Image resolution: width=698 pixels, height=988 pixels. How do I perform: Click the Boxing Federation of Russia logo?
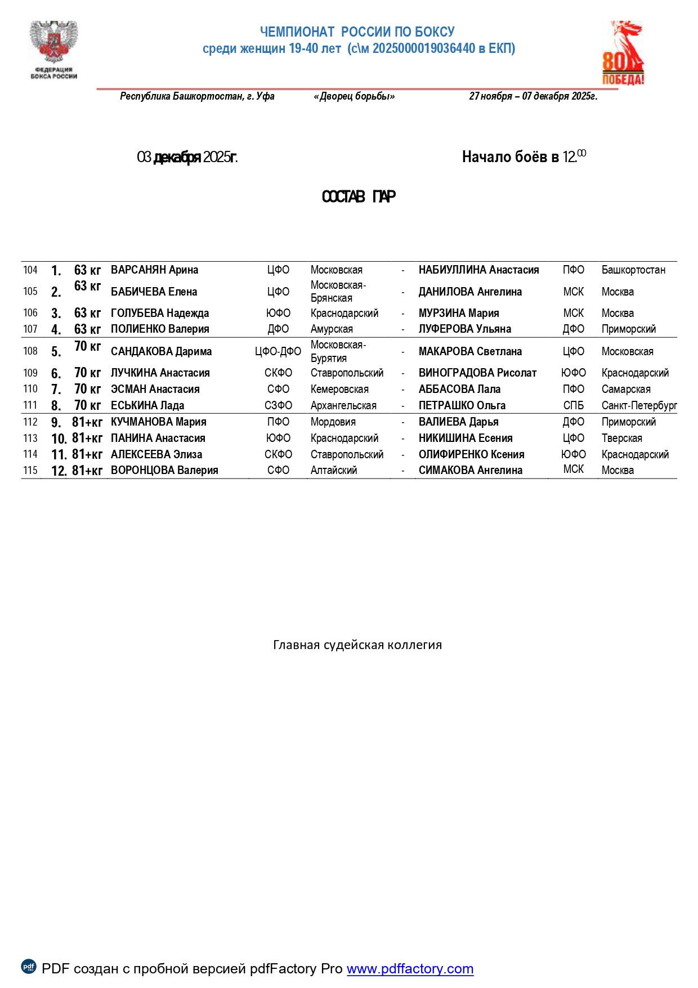tap(53, 50)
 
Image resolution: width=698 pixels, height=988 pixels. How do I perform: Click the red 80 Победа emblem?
tap(623, 53)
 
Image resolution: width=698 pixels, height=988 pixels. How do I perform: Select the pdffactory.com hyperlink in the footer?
tap(410, 968)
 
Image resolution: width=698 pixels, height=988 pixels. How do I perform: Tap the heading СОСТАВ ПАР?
tap(359, 196)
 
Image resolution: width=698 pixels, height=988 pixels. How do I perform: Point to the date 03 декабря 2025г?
tap(187, 157)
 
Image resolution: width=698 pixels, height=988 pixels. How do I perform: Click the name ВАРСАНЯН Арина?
tap(154, 270)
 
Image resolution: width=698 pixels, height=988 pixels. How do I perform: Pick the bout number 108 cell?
tap(30, 351)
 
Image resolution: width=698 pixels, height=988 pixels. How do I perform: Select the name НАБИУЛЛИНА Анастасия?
tap(478, 270)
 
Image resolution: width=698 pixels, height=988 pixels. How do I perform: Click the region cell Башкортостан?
tap(633, 270)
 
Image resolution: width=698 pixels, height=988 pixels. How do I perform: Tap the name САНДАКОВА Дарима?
tap(161, 351)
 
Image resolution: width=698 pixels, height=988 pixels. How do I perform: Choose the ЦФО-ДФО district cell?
tap(278, 351)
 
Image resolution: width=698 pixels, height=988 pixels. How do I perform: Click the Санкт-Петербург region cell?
tap(639, 405)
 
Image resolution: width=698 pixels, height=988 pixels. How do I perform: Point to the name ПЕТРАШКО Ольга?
tap(462, 405)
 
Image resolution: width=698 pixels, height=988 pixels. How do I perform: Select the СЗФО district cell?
tap(278, 405)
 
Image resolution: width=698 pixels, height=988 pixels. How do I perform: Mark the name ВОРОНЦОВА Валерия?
tap(164, 470)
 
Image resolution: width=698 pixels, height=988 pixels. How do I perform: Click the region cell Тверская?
tap(621, 438)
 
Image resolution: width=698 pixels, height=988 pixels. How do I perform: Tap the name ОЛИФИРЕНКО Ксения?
tap(471, 454)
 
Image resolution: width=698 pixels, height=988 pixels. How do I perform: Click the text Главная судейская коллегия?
tap(357, 645)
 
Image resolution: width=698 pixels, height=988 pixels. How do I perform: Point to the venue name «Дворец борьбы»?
tap(354, 96)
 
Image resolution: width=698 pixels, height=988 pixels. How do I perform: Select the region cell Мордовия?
tap(333, 422)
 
